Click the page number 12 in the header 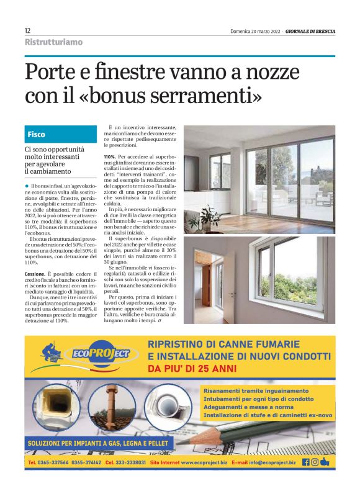click(28, 30)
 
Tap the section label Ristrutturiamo click(53, 42)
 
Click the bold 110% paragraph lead click(110, 156)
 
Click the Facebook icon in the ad click(305, 462)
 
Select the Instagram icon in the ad click(315, 462)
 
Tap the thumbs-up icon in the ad click(325, 461)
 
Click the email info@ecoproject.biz click(267, 462)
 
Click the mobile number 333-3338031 click(127, 462)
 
